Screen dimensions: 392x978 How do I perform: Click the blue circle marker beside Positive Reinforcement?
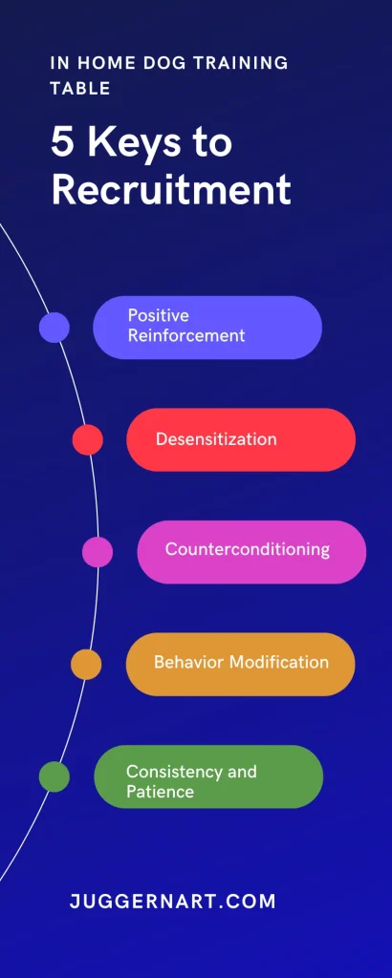pyautogui.click(x=54, y=328)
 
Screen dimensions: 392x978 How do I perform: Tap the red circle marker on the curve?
pyautogui.click(x=87, y=439)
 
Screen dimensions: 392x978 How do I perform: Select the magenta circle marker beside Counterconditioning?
pyautogui.click(x=98, y=552)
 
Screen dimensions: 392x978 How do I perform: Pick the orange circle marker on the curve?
pyautogui.click(x=86, y=665)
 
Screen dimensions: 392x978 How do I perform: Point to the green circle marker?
pyautogui.click(x=54, y=776)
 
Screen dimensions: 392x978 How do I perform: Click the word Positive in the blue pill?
pyautogui.click(x=159, y=315)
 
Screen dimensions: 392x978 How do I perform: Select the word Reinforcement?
pyautogui.click(x=186, y=335)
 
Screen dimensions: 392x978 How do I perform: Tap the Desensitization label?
pyautogui.click(x=216, y=439)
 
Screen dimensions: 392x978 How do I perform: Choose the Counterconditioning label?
pyautogui.click(x=248, y=549)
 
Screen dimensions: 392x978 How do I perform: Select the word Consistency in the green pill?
pyautogui.click(x=165, y=772)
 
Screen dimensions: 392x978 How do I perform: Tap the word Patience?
pyautogui.click(x=160, y=792)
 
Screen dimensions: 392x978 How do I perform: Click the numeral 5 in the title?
pyautogui.click(x=62, y=143)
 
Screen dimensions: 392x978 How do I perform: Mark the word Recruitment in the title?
pyautogui.click(x=171, y=189)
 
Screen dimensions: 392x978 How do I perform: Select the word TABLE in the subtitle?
pyautogui.click(x=80, y=89)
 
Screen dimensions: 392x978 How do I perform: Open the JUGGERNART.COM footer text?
pyautogui.click(x=172, y=902)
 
